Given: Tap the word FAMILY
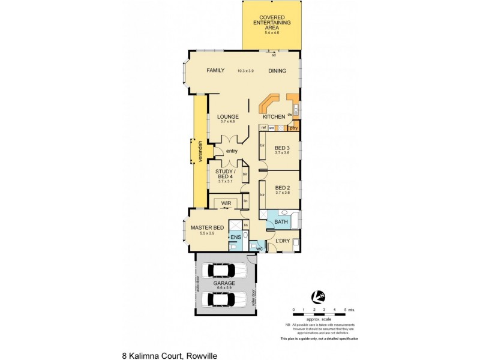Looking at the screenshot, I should coord(215,70).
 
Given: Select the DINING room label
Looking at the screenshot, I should coord(277,71).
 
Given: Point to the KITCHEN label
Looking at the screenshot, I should coord(273,116).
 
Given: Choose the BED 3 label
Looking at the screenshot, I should coord(283,148).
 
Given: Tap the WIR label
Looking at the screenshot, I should coord(226,203).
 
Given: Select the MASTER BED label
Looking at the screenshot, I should coord(207,228).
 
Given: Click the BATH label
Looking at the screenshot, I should coord(281,223).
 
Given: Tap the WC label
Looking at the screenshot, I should coord(260,248).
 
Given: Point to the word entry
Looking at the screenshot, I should coord(232,151).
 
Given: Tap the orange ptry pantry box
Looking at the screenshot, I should coord(293,127).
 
